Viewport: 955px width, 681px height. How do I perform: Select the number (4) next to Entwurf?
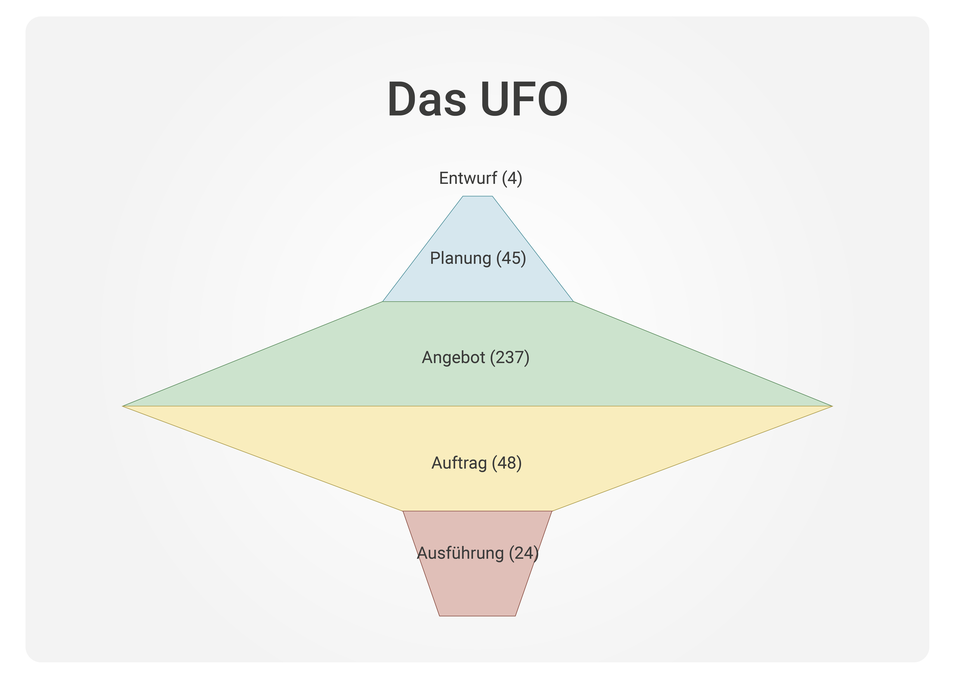pos(512,178)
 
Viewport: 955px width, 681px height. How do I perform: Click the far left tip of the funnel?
pos(123,406)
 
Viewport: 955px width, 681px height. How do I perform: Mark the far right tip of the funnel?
pos(832,406)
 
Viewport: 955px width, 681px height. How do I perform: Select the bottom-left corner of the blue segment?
pos(383,301)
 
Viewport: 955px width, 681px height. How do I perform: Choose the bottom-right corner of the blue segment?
pos(573,301)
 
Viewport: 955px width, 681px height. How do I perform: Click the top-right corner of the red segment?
pos(552,511)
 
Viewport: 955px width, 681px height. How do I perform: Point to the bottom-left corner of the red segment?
pos(440,616)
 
